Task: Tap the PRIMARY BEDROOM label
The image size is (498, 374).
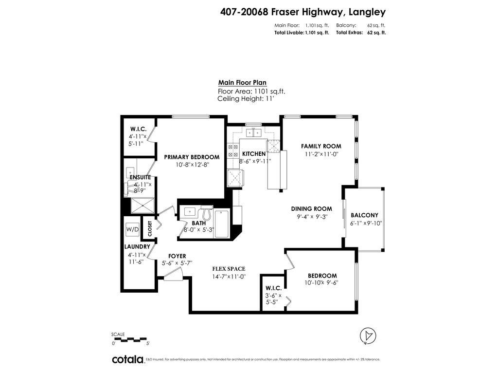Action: pos(191,157)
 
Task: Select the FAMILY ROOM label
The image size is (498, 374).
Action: pos(320,146)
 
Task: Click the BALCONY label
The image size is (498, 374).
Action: pos(364,215)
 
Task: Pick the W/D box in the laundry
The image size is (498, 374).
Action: pos(132,229)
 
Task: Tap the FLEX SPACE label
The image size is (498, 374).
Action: pos(228,269)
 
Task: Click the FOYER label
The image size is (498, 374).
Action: pos(177,256)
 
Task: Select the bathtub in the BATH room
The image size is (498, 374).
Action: pos(222,224)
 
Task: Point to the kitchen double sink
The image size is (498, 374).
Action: pos(253,132)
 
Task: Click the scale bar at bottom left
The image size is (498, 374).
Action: pos(129,339)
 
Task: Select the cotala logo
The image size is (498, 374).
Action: pos(128,359)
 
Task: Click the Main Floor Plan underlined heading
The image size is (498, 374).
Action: pos(242,83)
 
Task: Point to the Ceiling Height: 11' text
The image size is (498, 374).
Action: pos(246,98)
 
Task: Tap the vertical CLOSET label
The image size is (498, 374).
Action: pos(150,228)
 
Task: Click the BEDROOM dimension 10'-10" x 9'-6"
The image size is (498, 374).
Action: pos(321,283)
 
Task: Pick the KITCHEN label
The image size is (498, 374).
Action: pos(254,154)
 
